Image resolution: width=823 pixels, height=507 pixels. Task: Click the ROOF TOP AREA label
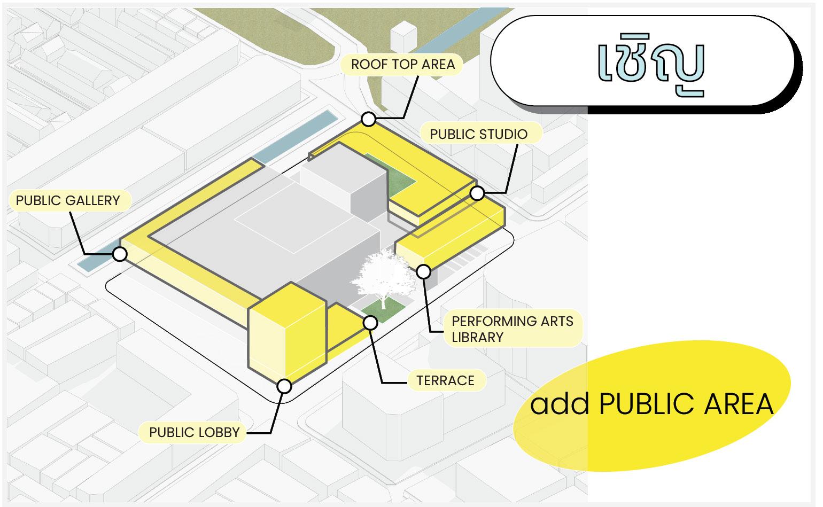pyautogui.click(x=403, y=65)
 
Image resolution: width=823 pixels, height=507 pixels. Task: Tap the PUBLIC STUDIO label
pyautogui.click(x=478, y=134)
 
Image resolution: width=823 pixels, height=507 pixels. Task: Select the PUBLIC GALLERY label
pyautogui.click(x=68, y=200)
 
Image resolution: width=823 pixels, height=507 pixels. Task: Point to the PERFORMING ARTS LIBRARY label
pyautogui.click(x=512, y=329)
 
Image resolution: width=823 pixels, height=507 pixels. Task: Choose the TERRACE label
pyautogui.click(x=445, y=380)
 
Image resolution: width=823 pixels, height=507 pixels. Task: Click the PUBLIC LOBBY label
pyautogui.click(x=194, y=432)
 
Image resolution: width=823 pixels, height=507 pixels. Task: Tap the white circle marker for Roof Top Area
pyautogui.click(x=368, y=119)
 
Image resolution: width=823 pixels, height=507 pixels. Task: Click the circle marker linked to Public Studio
pyautogui.click(x=477, y=193)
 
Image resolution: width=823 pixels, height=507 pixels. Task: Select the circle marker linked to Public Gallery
pyautogui.click(x=120, y=254)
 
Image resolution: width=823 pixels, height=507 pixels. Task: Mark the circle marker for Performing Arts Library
pyautogui.click(x=423, y=272)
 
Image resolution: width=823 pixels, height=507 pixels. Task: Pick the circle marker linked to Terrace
pyautogui.click(x=370, y=323)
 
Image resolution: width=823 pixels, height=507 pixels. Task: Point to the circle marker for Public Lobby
pyautogui.click(x=284, y=386)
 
